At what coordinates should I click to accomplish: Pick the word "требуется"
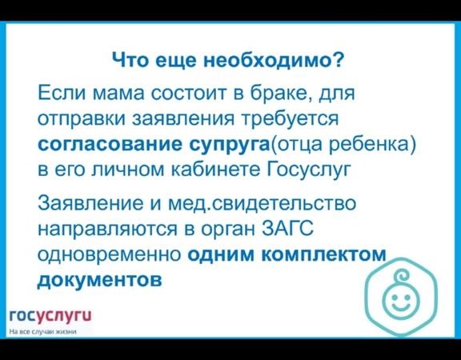[x=289, y=119]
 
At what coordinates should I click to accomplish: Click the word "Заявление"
[x=90, y=203]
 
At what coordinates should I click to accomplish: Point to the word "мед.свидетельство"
[x=262, y=203]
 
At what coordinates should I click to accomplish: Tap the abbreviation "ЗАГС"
[x=287, y=228]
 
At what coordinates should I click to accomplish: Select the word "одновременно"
[x=110, y=254]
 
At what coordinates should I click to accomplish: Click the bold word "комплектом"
[x=323, y=254]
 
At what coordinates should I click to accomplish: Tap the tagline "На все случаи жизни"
[x=43, y=332]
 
